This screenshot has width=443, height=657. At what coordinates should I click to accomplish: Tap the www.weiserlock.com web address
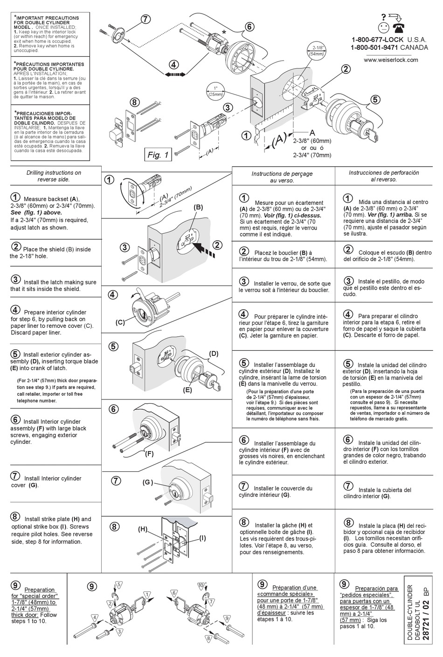pos(391,60)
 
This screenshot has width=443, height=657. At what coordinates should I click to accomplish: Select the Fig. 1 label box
pos(158,156)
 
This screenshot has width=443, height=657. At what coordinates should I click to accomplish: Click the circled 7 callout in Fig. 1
pos(145,19)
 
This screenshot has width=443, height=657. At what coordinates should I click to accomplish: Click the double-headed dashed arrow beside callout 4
pos(175,75)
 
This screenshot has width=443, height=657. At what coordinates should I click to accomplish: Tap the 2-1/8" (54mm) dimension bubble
pos(318,51)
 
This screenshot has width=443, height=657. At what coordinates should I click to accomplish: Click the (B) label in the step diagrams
pos(198,207)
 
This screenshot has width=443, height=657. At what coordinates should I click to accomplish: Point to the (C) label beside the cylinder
pos(120,322)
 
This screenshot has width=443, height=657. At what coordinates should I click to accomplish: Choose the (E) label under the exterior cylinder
pos(187,390)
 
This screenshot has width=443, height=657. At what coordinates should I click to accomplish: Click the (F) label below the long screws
pos(149,453)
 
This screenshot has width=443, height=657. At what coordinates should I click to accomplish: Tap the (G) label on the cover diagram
pos(148,482)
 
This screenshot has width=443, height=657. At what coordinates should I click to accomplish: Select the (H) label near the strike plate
pos(143,529)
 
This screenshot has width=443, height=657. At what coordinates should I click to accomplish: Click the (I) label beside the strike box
pos(202,538)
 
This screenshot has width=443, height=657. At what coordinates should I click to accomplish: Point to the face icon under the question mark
pos(383,27)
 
